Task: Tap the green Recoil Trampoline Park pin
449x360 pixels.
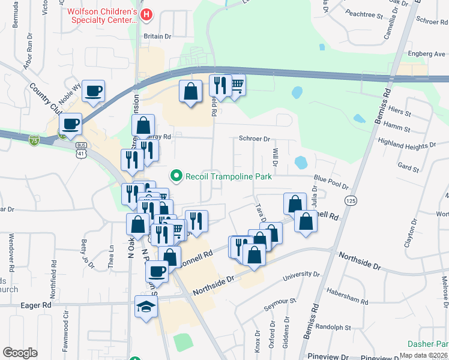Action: point(176,176)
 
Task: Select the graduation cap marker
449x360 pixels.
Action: point(146,307)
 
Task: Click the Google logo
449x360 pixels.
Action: point(20,353)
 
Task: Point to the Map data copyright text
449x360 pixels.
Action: point(423,355)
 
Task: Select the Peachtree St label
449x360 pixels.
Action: point(364,14)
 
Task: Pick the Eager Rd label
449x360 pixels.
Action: point(37,305)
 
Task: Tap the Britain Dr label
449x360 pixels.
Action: point(157,36)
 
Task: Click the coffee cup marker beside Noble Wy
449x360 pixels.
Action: point(93,91)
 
